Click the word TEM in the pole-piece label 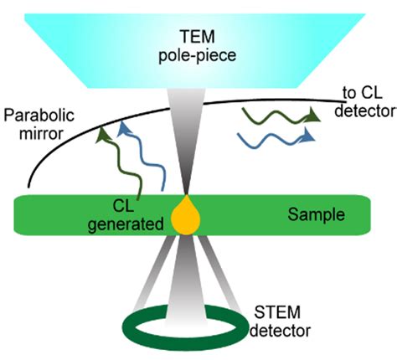(x=199, y=38)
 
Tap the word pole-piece (x=199, y=55)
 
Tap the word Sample (x=312, y=214)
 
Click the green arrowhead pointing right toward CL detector (x=311, y=112)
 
